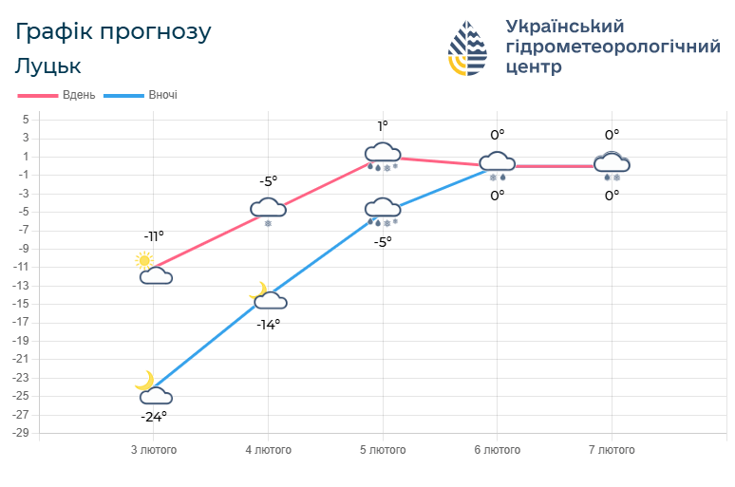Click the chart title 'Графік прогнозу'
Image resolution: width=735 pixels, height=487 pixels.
point(114,31)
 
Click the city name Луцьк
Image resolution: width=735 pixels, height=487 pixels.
point(48,66)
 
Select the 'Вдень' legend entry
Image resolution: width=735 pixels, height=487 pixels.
point(57,95)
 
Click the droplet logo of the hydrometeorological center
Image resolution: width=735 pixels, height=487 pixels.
point(468,47)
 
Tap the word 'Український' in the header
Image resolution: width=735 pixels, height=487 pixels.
point(565,26)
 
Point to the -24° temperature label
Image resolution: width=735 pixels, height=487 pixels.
point(154,417)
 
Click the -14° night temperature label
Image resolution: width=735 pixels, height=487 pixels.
point(269,324)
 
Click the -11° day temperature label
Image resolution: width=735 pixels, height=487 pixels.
point(154,236)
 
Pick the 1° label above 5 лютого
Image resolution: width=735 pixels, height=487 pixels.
point(383,126)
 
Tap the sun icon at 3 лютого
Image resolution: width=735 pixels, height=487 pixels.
point(144,259)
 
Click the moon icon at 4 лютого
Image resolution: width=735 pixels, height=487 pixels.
point(257,290)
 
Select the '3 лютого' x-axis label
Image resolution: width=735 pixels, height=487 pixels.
point(154,449)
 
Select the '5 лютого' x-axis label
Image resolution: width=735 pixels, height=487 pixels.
point(383,449)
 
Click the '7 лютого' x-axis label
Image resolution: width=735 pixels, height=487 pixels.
point(612,449)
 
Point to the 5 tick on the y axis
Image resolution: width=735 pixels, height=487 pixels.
point(27,120)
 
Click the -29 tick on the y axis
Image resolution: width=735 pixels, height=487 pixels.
point(22,433)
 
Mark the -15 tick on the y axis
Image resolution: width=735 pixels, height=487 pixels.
point(22,304)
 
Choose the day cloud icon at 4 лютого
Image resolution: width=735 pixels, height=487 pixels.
point(269,208)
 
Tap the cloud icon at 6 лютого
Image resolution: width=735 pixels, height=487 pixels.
point(497,162)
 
